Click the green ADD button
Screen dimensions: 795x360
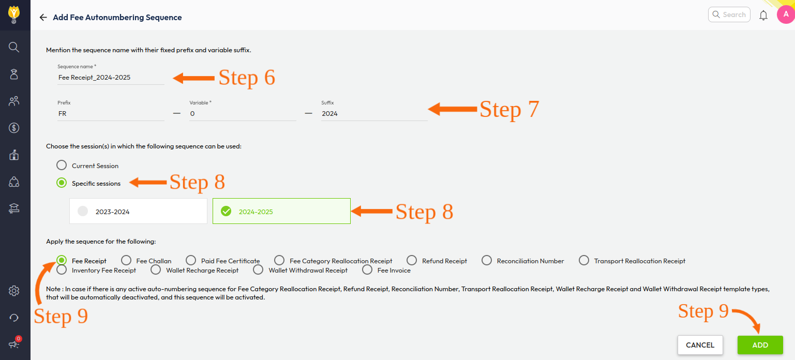760,344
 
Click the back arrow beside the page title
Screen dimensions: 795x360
43,18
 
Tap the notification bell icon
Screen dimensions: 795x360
763,16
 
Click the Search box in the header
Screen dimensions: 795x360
729,14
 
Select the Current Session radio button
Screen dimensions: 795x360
62,165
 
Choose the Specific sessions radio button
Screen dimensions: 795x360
62,183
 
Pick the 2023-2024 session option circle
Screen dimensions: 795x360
83,211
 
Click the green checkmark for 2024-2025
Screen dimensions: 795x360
226,211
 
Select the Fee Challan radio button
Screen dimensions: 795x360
126,260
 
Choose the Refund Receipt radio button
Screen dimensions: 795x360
412,260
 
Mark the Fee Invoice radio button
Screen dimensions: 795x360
367,270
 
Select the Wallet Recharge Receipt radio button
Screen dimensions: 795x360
156,270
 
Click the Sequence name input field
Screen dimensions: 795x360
111,78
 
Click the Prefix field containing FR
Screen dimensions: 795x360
111,114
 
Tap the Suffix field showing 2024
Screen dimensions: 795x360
374,114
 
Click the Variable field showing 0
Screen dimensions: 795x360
243,114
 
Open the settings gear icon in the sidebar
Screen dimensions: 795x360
14,291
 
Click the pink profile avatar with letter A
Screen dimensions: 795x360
786,14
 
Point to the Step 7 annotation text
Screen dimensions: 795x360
509,109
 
